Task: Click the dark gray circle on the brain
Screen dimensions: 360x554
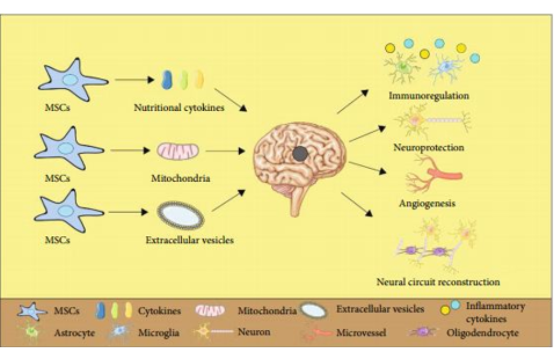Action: [301, 153]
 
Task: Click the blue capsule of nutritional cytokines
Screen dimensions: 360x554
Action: [166, 79]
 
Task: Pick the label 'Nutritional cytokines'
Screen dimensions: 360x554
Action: [179, 108]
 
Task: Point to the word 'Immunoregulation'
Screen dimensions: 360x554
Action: [429, 96]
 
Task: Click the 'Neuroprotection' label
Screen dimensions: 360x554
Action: [429, 147]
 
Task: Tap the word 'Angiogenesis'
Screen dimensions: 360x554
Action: [427, 203]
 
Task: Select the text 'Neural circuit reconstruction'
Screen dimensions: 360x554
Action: [437, 281]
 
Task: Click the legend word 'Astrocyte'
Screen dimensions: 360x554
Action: [74, 332]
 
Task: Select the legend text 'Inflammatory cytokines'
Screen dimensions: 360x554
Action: [495, 311]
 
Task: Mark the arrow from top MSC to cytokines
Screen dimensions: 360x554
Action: [134, 80]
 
